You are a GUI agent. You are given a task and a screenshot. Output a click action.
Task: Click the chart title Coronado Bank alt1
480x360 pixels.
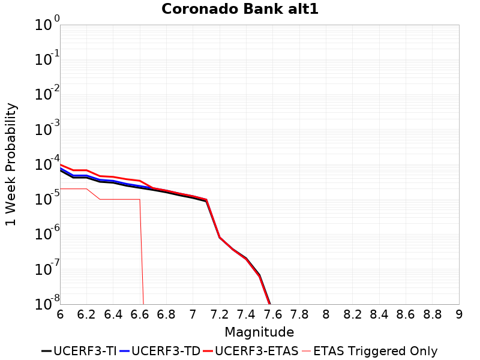(239, 10)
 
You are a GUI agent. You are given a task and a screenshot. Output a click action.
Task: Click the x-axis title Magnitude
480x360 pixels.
(259, 332)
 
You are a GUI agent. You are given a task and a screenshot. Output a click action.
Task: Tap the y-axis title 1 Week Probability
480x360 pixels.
(11, 164)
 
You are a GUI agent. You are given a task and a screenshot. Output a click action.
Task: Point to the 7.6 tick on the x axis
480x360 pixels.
(273, 314)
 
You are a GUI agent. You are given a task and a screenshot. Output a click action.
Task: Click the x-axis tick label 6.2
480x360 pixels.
(86, 314)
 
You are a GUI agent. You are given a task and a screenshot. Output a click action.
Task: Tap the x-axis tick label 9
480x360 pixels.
(459, 314)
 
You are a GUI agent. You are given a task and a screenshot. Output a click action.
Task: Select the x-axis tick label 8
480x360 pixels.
(326, 314)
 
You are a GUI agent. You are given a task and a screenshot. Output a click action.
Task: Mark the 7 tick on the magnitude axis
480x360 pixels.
(193, 314)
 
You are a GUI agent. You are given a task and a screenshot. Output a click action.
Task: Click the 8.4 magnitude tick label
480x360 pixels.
(379, 314)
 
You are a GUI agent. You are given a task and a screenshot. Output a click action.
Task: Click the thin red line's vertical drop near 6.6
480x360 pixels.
(142, 252)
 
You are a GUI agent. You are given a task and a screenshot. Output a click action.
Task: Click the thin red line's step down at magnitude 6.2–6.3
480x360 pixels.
(93, 194)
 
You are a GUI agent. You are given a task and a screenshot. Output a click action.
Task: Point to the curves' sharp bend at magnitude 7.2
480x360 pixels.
(220, 237)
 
